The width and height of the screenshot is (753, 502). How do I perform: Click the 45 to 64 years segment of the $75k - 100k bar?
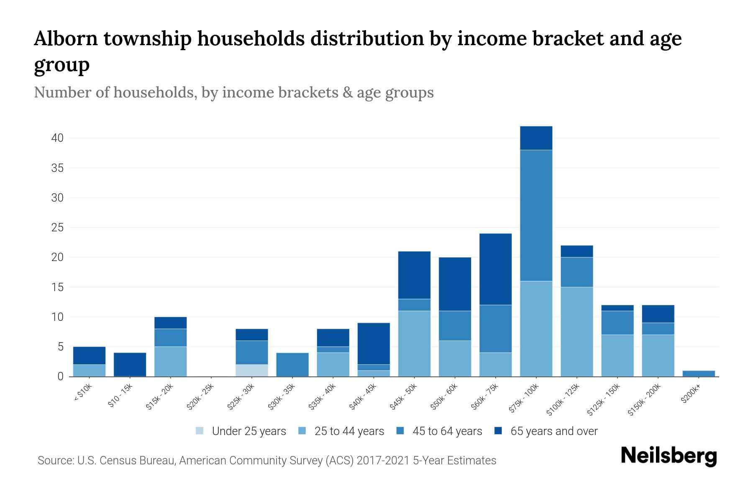[536, 215]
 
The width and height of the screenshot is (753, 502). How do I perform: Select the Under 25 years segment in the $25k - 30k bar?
[252, 370]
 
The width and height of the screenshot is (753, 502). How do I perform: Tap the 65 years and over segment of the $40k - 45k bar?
[374, 343]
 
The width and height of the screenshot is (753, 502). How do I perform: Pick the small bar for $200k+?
[698, 373]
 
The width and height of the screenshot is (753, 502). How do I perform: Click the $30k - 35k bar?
[292, 364]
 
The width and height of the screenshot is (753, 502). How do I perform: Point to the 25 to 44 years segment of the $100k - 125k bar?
[576, 331]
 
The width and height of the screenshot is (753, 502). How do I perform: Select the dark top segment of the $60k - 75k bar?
[495, 269]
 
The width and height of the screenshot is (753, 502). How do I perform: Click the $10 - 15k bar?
[130, 364]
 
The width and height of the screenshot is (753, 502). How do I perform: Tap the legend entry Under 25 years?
[248, 431]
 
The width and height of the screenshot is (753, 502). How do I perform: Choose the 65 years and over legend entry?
[553, 431]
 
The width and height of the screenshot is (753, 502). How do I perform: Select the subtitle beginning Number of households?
[233, 92]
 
